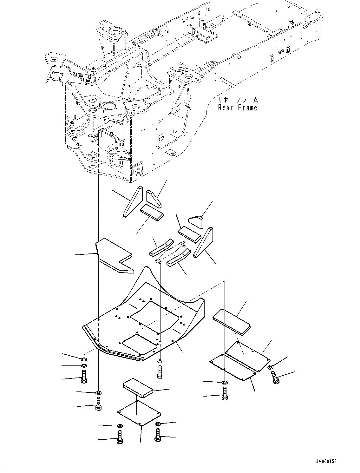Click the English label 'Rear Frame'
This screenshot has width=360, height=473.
pyautogui.click(x=238, y=108)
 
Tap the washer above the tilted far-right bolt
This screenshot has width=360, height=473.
pyautogui.click(x=270, y=367)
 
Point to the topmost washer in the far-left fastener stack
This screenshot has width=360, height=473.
pyautogui.click(x=84, y=359)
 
